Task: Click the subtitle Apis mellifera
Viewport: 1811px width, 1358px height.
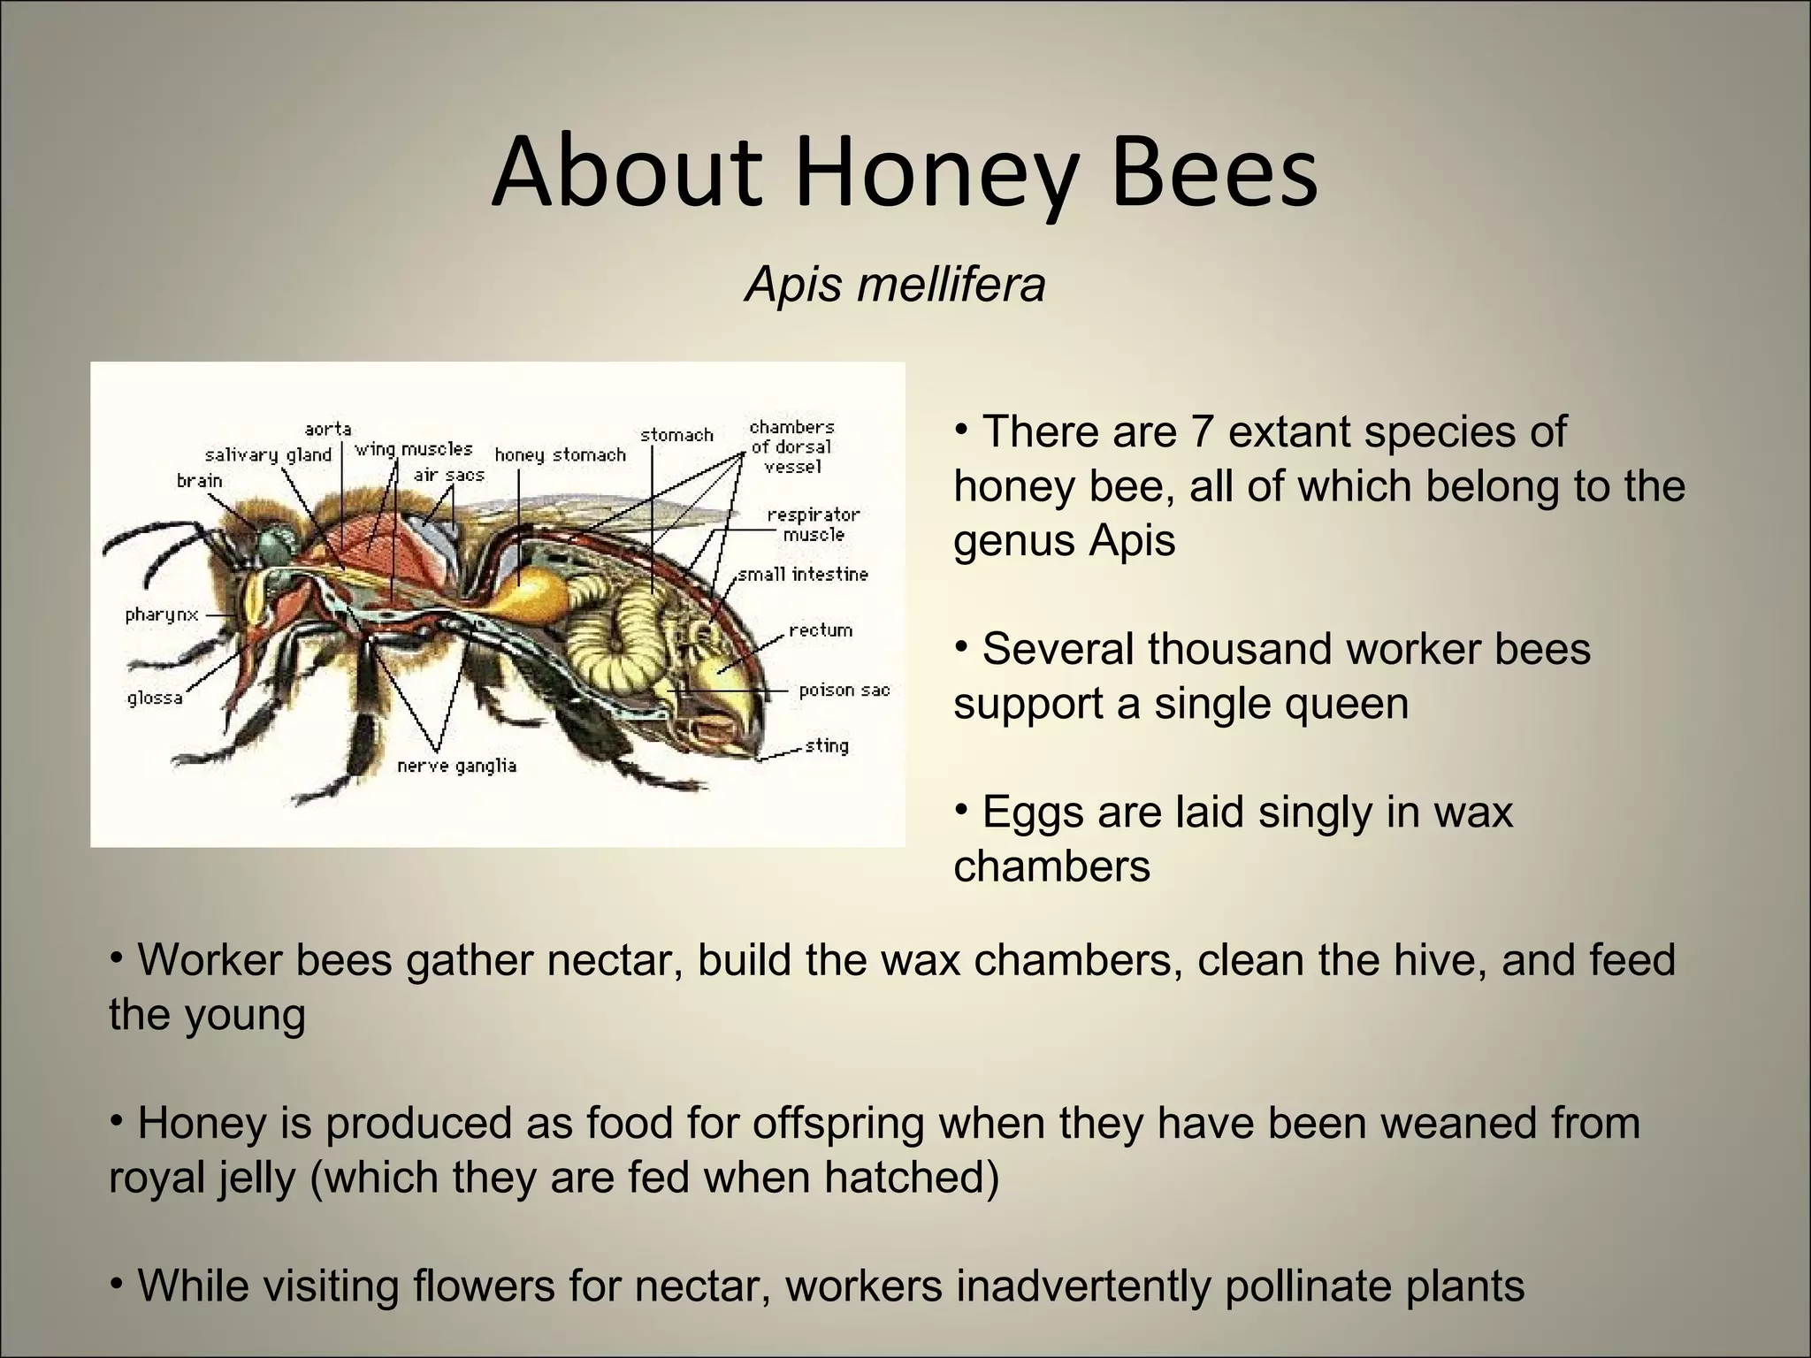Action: (x=895, y=285)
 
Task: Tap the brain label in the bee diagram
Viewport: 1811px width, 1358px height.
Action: (x=200, y=481)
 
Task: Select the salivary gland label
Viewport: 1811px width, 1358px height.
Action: (x=268, y=455)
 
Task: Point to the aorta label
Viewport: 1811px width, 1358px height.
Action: (x=328, y=430)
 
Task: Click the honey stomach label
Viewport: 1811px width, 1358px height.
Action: (x=560, y=455)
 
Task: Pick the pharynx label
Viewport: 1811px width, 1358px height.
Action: (x=162, y=614)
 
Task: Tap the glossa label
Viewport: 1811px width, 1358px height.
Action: (x=155, y=698)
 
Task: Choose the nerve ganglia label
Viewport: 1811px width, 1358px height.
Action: (x=456, y=766)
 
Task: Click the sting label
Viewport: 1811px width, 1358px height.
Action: (x=827, y=745)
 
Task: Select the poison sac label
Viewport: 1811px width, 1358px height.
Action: (x=844, y=690)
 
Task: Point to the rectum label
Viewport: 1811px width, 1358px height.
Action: (x=821, y=630)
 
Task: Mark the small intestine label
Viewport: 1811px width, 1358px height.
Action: (x=803, y=575)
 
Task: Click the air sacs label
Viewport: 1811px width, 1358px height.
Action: (x=449, y=476)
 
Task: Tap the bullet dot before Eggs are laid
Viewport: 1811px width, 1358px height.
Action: (x=962, y=806)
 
